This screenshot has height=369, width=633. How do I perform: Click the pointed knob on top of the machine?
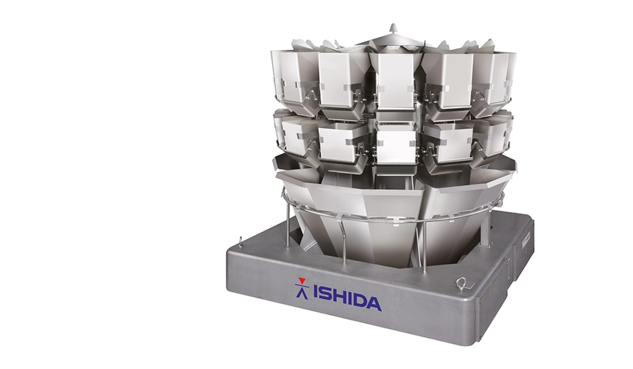click(393, 29)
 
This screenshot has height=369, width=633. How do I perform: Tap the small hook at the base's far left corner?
click(241, 241)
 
